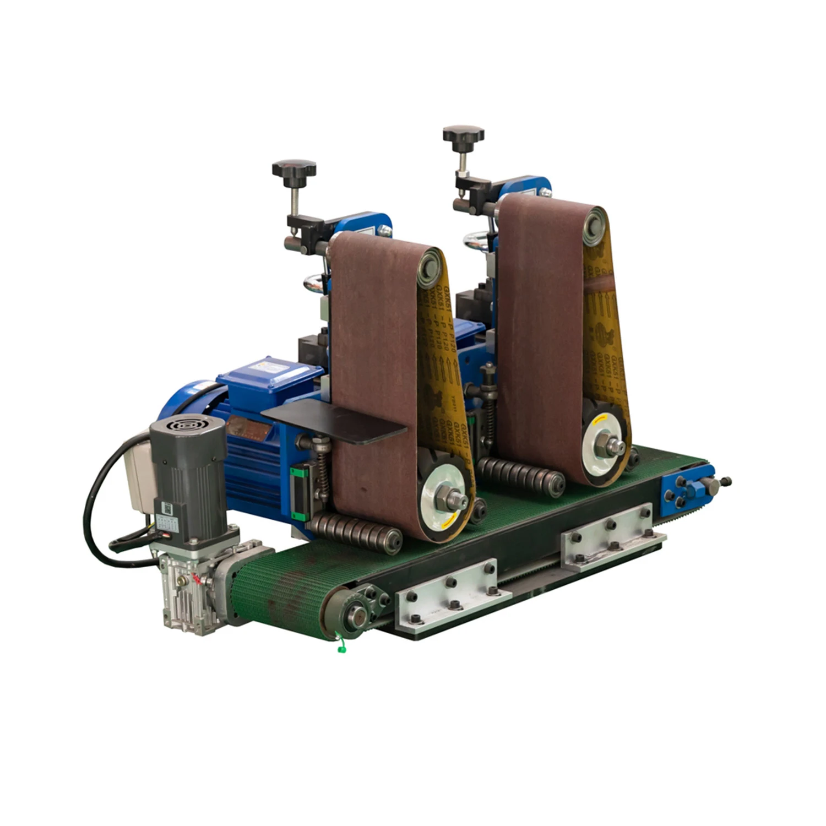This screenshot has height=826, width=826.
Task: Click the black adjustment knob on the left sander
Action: (x=294, y=168)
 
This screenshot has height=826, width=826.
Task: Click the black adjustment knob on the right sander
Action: (x=463, y=134)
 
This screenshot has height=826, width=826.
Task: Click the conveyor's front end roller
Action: (x=352, y=612)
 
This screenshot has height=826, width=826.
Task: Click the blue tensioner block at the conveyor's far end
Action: (x=686, y=486)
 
